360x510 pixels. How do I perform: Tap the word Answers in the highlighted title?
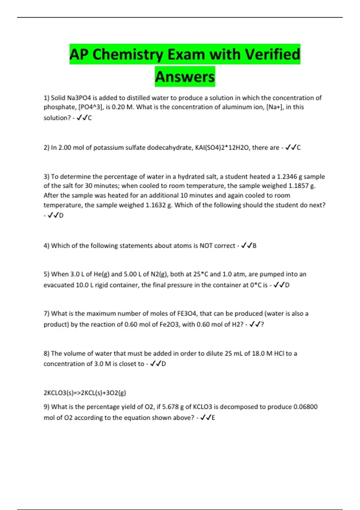(185, 77)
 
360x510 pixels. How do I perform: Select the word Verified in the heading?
(272, 55)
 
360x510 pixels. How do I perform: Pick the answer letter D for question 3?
(61, 215)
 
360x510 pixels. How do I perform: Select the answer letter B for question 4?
(254, 246)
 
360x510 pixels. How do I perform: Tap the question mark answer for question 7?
(262, 324)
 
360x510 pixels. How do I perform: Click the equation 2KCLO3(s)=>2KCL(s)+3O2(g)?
(85, 393)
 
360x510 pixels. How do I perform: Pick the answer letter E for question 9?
(213, 418)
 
